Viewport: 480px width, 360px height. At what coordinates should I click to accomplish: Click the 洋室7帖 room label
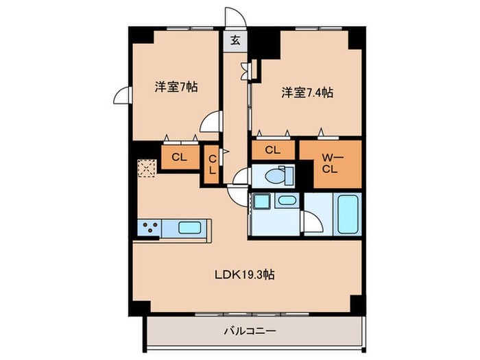tap(176, 88)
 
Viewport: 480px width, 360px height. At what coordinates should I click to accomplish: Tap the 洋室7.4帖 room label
tap(307, 92)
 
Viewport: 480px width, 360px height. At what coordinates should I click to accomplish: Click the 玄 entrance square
tap(235, 40)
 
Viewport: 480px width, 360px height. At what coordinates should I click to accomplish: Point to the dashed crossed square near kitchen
tap(147, 169)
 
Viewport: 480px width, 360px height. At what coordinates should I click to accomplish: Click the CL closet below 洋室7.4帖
tap(272, 149)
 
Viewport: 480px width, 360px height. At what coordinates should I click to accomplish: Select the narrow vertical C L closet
tap(212, 165)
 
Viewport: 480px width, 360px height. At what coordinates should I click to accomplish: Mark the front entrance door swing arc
tap(235, 16)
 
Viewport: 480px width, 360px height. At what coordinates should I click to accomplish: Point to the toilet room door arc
tap(240, 178)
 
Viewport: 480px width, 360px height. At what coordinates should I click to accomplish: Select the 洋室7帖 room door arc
tap(209, 123)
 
